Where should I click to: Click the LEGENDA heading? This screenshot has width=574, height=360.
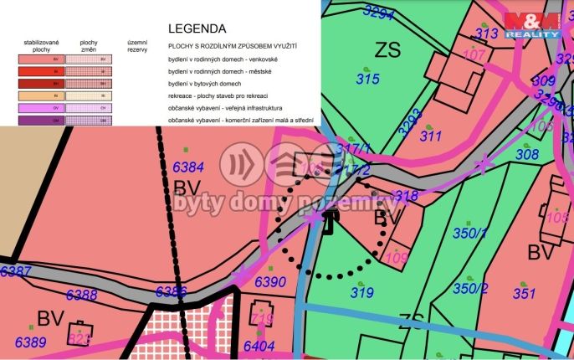pos(197,28)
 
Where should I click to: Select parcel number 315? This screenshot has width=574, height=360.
pos(368,80)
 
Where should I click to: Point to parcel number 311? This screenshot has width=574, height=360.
pos(431,136)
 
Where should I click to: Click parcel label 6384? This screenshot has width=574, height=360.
pos(188,167)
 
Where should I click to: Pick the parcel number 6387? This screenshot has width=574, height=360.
pos(16,271)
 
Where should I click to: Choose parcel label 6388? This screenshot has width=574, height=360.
pos(81,295)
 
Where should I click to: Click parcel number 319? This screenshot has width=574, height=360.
pos(361,292)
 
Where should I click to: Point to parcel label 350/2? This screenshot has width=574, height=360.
pos(470,288)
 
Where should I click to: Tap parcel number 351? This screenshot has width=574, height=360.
pos(524,293)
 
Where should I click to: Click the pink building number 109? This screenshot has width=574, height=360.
pos(397,258)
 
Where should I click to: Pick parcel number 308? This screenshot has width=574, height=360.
pos(527,154)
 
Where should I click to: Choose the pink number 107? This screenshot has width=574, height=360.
pos(474,55)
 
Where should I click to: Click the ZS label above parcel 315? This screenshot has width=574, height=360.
pos(387,48)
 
